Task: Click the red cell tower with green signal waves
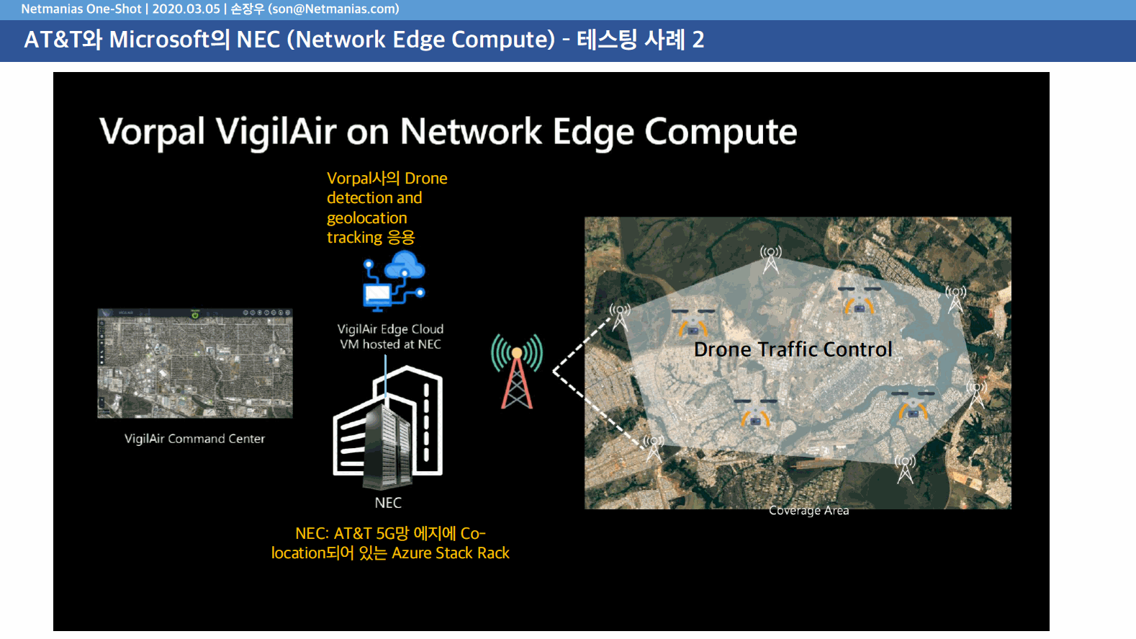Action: pyautogui.click(x=517, y=372)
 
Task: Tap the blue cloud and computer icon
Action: pyautogui.click(x=394, y=281)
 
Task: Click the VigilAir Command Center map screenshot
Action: pyautogui.click(x=195, y=363)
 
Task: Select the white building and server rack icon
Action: pyautogui.click(x=388, y=427)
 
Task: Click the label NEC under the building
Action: pyautogui.click(x=388, y=503)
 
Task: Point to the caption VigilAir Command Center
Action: pyautogui.click(x=195, y=439)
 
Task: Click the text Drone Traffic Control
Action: pyautogui.click(x=793, y=349)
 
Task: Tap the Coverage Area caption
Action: pyautogui.click(x=809, y=510)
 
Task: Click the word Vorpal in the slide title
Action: pyautogui.click(x=152, y=132)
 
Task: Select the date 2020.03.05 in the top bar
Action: pyautogui.click(x=186, y=9)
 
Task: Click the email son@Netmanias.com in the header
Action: pyautogui.click(x=334, y=9)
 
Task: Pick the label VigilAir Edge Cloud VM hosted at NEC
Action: pyautogui.click(x=390, y=336)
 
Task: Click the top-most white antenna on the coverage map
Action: pyautogui.click(x=771, y=259)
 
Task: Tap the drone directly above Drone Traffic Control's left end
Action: pyautogui.click(x=693, y=322)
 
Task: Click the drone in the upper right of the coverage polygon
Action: pyautogui.click(x=859, y=300)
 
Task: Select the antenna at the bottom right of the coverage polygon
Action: pyautogui.click(x=905, y=468)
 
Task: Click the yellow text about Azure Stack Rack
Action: pyautogui.click(x=390, y=543)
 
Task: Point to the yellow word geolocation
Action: pyautogui.click(x=366, y=218)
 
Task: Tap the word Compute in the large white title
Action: pyautogui.click(x=721, y=132)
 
